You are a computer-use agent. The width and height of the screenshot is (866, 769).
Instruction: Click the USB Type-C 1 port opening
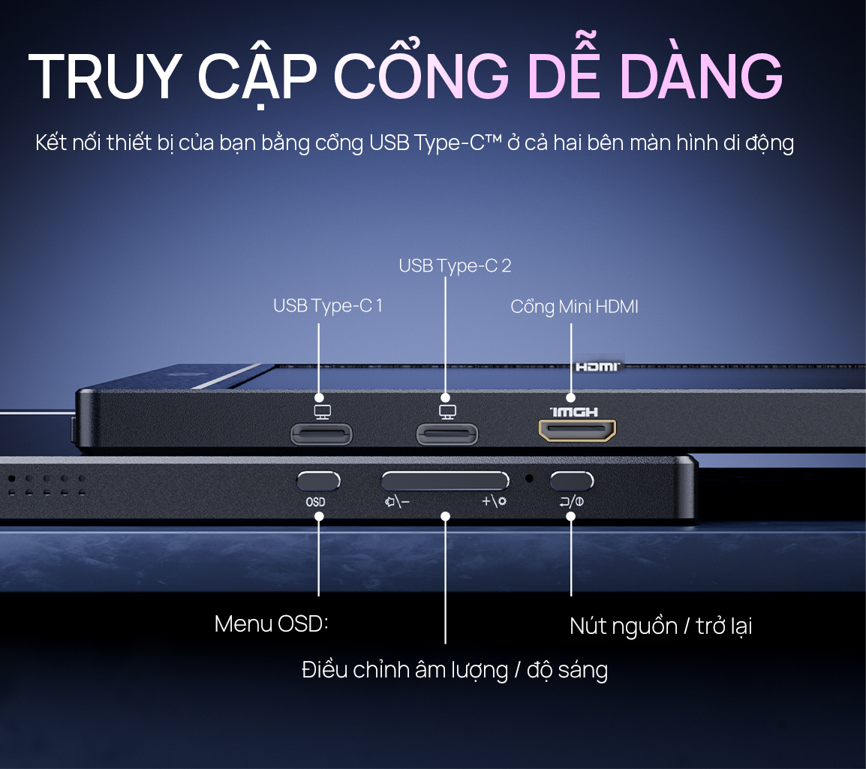pyautogui.click(x=321, y=433)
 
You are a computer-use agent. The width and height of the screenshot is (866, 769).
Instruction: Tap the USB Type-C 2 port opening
pyautogui.click(x=447, y=433)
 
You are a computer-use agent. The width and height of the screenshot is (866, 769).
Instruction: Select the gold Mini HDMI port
pyautogui.click(x=577, y=430)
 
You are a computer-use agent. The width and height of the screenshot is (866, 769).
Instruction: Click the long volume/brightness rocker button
pyautogui.click(x=445, y=481)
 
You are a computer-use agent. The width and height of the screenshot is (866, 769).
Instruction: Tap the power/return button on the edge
pyautogui.click(x=572, y=480)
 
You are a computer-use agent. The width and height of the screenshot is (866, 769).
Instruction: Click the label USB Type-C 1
pyautogui.click(x=328, y=306)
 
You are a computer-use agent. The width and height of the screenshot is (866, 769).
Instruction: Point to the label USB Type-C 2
pyautogui.click(x=455, y=266)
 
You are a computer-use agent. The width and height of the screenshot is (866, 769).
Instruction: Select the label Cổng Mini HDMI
pyautogui.click(x=574, y=307)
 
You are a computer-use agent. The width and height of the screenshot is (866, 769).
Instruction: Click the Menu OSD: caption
pyautogui.click(x=272, y=623)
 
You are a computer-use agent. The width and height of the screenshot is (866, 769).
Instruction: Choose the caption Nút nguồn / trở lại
pyautogui.click(x=660, y=626)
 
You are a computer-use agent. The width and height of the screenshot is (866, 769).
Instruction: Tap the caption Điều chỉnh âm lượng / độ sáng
pyautogui.click(x=455, y=670)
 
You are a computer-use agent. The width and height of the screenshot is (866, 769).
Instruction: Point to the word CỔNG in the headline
pyautogui.click(x=421, y=77)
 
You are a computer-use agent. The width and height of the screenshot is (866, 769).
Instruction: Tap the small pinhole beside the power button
pyautogui.click(x=530, y=478)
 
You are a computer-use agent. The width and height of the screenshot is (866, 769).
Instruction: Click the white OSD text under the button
pyautogui.click(x=315, y=502)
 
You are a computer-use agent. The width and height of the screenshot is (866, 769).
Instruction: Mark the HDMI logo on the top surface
pyautogui.click(x=597, y=367)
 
